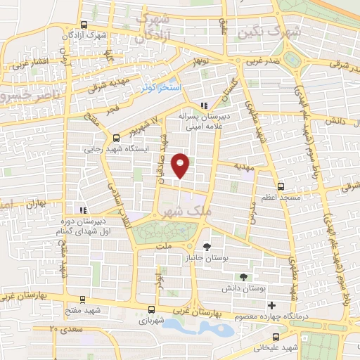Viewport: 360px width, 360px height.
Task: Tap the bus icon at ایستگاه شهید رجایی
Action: coord(115,138)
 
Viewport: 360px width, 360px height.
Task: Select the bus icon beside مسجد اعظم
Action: coord(281,186)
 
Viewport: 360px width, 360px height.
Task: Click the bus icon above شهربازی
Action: coord(151,309)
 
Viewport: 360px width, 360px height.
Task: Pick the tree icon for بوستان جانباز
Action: coord(206,247)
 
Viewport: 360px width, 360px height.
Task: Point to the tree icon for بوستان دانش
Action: coord(243,277)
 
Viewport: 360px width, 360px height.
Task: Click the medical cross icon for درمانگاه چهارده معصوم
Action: coord(271,305)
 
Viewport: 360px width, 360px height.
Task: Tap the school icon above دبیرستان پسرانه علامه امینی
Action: coord(204,106)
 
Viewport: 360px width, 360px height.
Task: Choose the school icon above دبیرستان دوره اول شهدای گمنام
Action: coord(84,210)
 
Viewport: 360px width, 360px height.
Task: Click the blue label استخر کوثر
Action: coord(162,87)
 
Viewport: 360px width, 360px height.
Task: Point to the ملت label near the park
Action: coord(164,247)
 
